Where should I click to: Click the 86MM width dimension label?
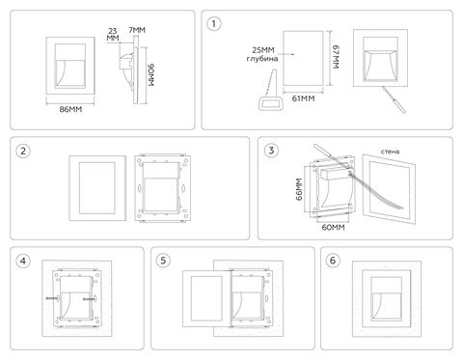point(70,109)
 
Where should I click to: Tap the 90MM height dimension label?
point(150,75)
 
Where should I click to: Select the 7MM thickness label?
point(137,30)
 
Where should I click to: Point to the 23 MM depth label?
point(113,35)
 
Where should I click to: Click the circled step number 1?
point(214,24)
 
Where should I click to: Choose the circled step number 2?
point(23,151)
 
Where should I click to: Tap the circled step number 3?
point(271,151)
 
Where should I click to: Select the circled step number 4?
point(23,261)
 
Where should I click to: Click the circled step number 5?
point(163,261)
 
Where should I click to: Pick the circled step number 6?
point(333,261)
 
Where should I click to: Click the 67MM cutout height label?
point(336,57)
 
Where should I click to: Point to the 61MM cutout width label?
point(303,98)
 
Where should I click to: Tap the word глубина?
point(262,59)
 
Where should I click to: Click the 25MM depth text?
point(263,50)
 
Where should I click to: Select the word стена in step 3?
point(391,152)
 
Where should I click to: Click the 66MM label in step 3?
point(299,189)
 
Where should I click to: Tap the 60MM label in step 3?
point(334,228)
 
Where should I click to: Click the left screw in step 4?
point(53,298)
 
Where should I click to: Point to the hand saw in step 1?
point(271,91)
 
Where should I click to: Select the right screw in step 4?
point(90,299)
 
